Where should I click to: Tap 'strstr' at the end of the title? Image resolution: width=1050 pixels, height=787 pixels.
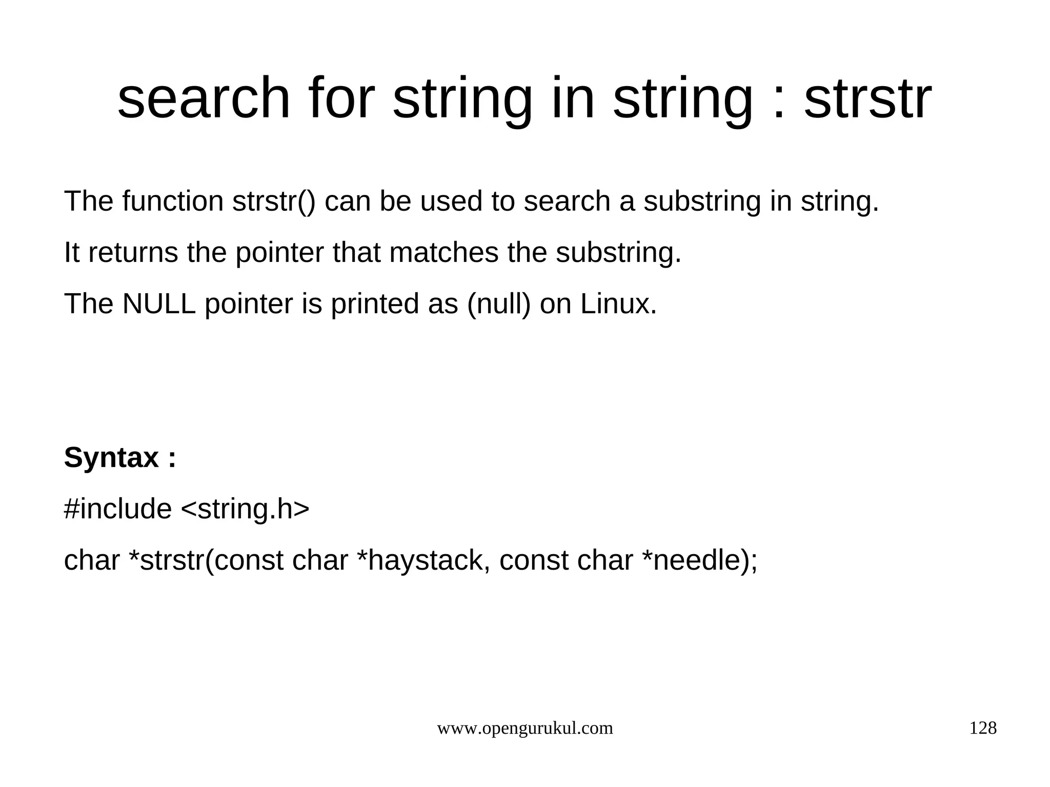point(867,98)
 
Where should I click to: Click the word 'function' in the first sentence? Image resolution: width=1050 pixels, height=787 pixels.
point(173,201)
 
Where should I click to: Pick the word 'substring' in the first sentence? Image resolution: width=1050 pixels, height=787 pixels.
point(702,202)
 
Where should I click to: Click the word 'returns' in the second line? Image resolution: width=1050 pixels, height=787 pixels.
point(133,253)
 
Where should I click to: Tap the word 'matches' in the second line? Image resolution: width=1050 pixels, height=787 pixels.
point(443,253)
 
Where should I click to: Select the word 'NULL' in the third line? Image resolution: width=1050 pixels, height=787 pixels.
point(159,304)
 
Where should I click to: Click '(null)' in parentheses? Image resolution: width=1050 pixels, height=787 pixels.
point(499,305)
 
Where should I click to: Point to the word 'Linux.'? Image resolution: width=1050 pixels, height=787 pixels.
point(618,304)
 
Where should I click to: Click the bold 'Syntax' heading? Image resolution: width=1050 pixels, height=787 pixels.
point(111,458)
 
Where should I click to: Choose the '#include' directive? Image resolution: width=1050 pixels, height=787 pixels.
point(117,509)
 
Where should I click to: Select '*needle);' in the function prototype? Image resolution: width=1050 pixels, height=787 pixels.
point(699,561)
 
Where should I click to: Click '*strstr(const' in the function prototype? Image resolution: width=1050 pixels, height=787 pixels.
point(206,561)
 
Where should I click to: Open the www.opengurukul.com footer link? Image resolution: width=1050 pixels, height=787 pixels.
point(524,728)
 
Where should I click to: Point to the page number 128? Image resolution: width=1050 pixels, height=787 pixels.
point(982,728)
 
